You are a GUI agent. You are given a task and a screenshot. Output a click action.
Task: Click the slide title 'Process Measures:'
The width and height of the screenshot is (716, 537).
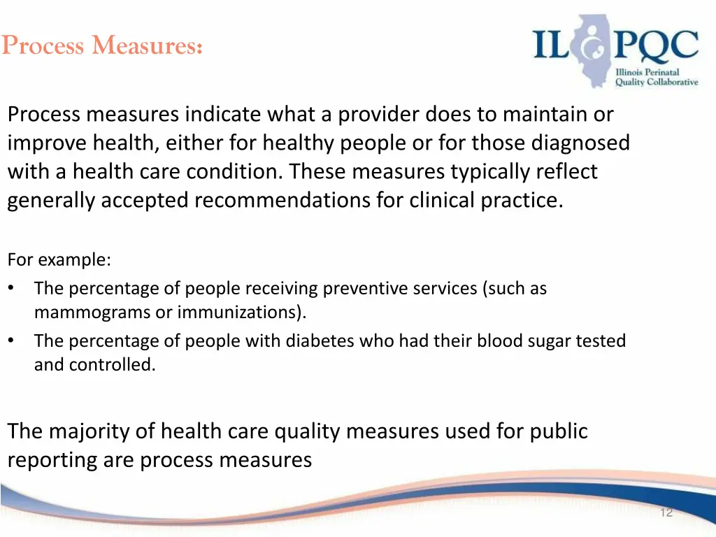[102, 45]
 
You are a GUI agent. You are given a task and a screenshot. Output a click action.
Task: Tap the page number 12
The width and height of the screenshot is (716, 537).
[666, 513]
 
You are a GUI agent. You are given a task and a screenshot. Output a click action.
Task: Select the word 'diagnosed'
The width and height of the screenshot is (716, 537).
[580, 143]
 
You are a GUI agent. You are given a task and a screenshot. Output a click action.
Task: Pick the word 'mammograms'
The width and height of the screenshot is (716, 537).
[92, 312]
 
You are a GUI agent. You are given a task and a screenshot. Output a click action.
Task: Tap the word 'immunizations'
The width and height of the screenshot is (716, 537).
[238, 312]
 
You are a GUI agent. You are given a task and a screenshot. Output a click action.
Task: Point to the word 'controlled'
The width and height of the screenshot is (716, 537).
[112, 365]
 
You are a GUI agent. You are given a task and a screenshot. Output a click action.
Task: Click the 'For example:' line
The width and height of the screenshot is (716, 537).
[59, 260]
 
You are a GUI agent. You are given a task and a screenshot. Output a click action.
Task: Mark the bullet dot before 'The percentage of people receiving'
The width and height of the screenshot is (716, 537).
[12, 288]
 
